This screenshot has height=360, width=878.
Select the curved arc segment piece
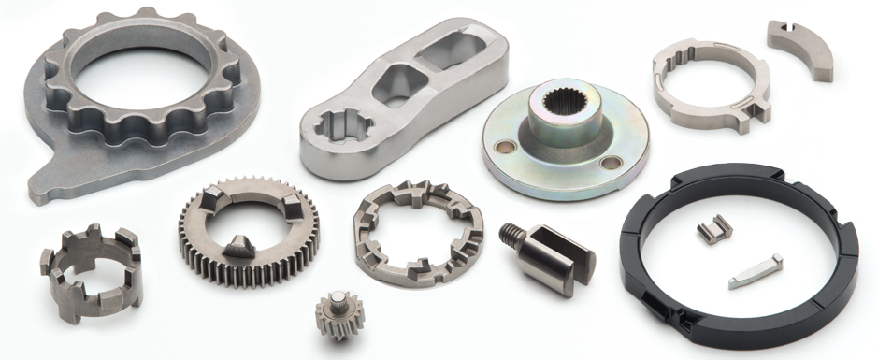801,49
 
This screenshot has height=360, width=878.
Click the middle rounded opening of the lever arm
399,93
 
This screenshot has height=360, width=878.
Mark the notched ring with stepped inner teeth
416,231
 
